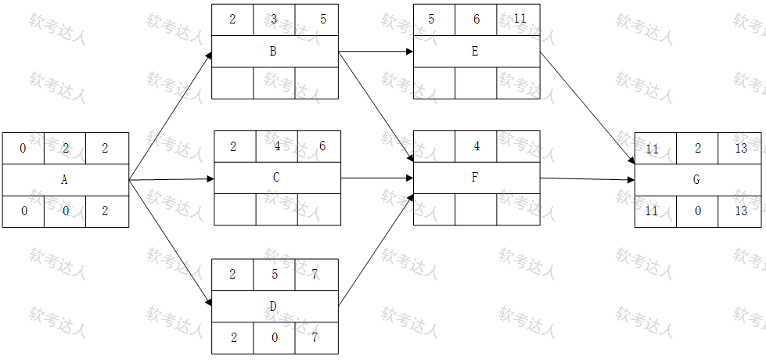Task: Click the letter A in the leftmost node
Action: (x=64, y=180)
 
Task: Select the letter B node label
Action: (x=273, y=52)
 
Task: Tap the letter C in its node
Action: (x=276, y=178)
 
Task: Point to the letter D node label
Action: (x=273, y=306)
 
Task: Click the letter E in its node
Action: (x=475, y=52)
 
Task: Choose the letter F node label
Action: (x=475, y=178)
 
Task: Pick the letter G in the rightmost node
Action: (x=696, y=180)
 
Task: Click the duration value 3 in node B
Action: (x=274, y=20)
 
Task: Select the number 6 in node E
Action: (x=477, y=19)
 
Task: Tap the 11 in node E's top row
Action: (x=520, y=19)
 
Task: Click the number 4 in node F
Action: (x=477, y=146)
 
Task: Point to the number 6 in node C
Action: (x=322, y=146)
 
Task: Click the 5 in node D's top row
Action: (x=275, y=275)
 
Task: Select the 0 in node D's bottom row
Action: (x=275, y=337)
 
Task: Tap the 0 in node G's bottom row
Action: (x=698, y=211)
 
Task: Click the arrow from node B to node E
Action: (x=376, y=52)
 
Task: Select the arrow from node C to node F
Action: (x=377, y=178)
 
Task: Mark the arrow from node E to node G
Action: (x=587, y=107)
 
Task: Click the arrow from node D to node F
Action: (x=376, y=250)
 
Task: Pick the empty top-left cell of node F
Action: (x=434, y=146)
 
